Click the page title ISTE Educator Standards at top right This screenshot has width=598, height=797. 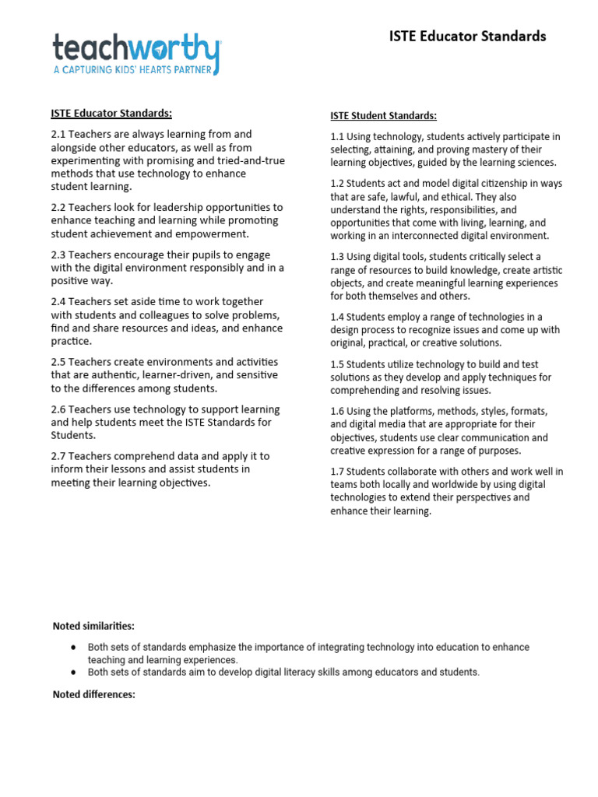(467, 36)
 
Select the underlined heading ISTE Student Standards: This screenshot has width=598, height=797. (383, 116)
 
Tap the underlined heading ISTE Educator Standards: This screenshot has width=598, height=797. (111, 113)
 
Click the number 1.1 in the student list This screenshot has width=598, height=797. (338, 137)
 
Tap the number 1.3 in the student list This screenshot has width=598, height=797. (338, 257)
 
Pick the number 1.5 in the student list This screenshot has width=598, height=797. (338, 364)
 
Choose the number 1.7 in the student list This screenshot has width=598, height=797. (338, 472)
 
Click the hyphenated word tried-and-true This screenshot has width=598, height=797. (249, 161)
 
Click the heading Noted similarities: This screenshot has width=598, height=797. (93, 626)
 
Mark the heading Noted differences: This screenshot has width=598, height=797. (93, 694)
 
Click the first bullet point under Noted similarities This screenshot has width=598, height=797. (73, 648)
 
